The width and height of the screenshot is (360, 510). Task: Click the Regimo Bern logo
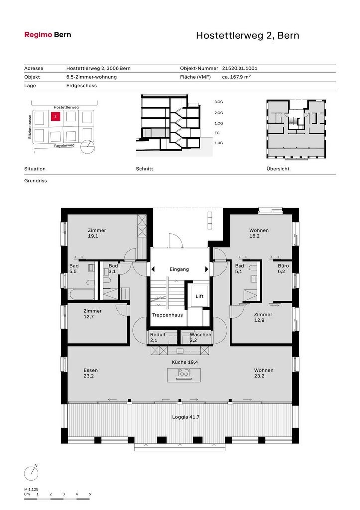pos(48,35)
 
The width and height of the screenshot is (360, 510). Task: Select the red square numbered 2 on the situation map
pos(56,116)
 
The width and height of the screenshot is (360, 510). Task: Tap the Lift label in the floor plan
pos(199,296)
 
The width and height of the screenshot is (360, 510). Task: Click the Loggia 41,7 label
pos(186,417)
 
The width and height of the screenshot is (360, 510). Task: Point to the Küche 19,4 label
pos(185,362)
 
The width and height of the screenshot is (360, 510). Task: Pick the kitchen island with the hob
pos(184,375)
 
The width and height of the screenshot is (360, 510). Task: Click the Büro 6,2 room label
pos(283,268)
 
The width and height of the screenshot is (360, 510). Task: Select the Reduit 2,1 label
pos(158,337)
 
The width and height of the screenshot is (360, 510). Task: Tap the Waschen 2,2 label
pos(200,337)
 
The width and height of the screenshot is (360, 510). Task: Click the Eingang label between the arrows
pos(179,269)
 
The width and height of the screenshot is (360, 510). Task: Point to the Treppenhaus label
pos(167,315)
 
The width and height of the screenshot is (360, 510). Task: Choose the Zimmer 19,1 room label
pos(97,233)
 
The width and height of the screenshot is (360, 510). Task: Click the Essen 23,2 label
pos(91,373)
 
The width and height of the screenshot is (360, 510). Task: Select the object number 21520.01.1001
pos(240,68)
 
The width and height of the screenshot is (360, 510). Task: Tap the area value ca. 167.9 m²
pos(237,77)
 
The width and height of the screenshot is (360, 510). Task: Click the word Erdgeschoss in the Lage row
pos(81,86)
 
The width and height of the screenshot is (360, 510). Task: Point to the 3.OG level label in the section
pos(219,102)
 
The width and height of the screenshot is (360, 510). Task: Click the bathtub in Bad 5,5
pos(82,294)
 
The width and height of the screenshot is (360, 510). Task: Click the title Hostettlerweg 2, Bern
pos(247,35)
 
